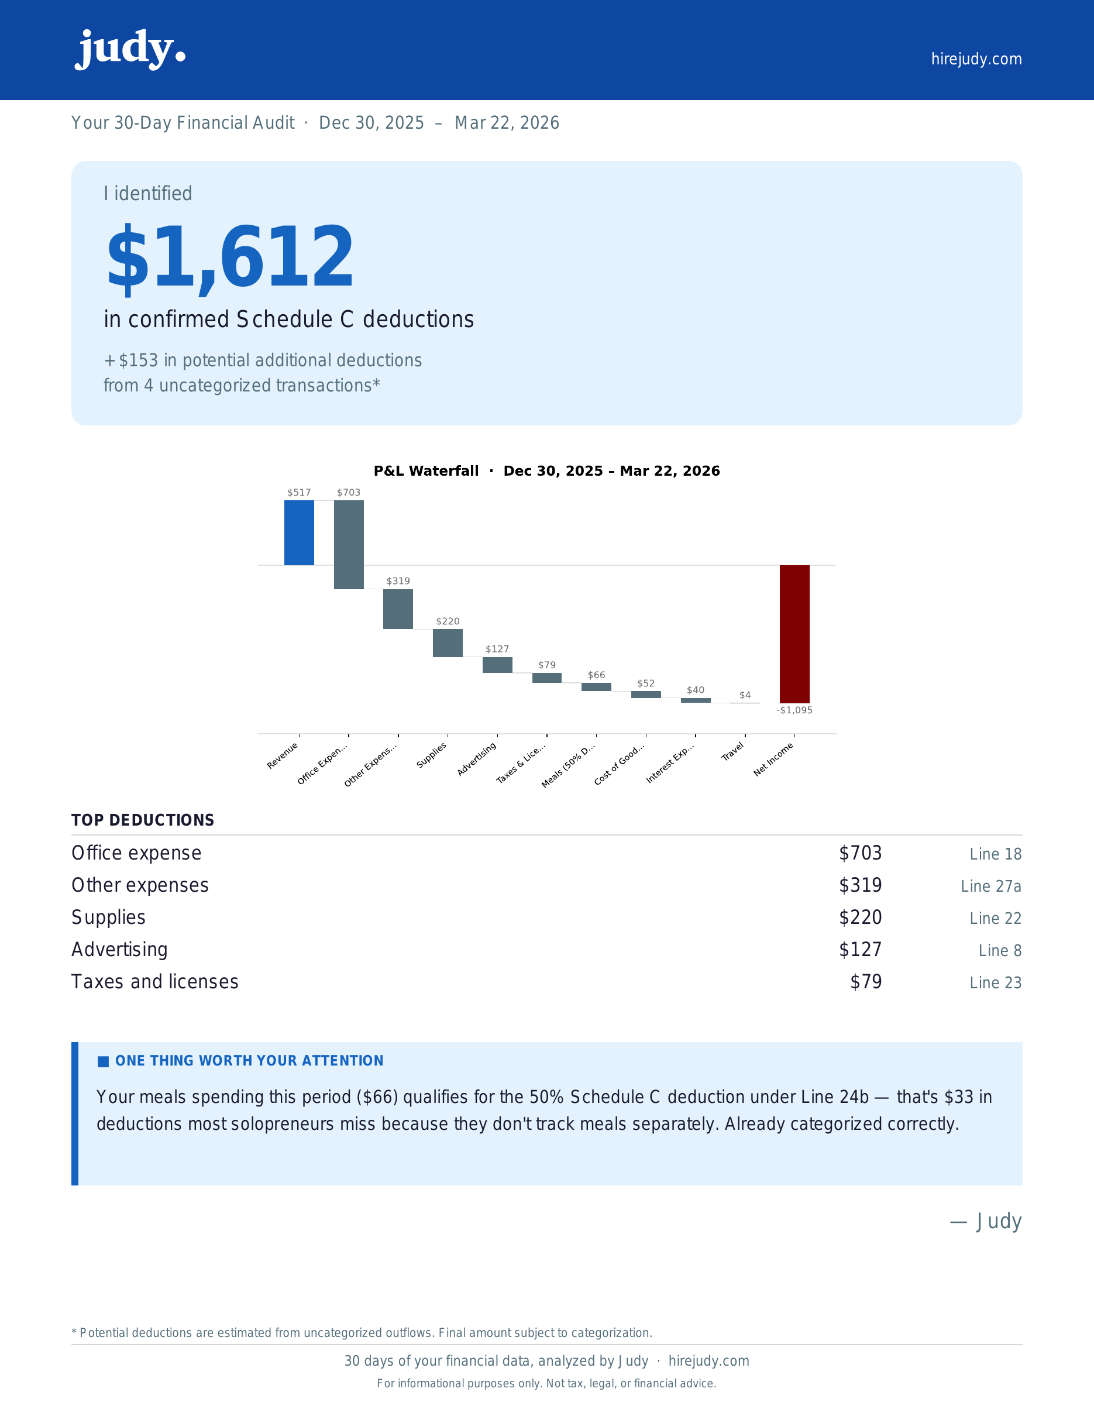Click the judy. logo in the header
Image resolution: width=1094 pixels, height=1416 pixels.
130,49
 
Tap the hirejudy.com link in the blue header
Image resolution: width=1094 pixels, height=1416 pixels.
976,59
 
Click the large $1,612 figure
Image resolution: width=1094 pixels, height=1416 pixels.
230,257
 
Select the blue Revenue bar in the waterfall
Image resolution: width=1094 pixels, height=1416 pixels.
299,532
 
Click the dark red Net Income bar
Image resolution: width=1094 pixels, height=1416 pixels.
794,634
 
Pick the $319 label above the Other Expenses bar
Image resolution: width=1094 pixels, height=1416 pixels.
398,581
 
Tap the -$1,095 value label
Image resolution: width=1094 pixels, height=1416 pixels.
794,710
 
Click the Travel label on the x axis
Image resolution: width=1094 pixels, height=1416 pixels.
733,752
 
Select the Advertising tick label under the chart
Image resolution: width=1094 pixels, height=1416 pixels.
477,758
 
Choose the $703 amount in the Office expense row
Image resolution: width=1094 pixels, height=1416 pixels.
860,853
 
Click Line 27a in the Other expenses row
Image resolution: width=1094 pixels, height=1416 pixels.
990,886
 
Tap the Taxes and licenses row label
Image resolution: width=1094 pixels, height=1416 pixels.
155,982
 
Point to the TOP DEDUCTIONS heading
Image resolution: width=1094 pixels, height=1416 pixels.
143,820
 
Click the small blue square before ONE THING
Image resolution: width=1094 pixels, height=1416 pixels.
103,1061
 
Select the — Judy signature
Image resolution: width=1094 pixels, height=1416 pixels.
986,1222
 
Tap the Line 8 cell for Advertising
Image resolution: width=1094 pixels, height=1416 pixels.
999,950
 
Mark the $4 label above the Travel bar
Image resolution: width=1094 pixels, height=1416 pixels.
745,695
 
